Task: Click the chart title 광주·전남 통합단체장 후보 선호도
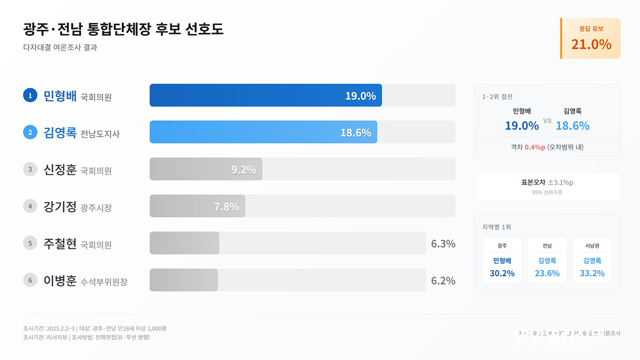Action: tap(123, 29)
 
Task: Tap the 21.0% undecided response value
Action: tap(591, 44)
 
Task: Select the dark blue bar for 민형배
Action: tap(265, 95)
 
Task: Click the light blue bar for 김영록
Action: tap(263, 132)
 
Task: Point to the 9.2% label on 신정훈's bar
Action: tap(243, 169)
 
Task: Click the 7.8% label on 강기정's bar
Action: tap(226, 206)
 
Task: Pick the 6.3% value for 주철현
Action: tap(443, 244)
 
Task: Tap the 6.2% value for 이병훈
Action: tap(443, 281)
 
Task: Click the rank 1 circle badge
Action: tap(30, 95)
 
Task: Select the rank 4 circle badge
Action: tap(30, 206)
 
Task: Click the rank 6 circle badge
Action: tap(30, 280)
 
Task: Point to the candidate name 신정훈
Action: tap(60, 169)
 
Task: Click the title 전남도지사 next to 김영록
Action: tap(100, 134)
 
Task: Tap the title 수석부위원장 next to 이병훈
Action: tap(104, 282)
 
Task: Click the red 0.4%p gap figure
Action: tap(534, 147)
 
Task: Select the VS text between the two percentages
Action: tap(547, 121)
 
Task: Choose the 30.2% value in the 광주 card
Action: tap(502, 273)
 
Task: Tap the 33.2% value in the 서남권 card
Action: tap(592, 273)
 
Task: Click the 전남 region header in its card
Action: tap(547, 246)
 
